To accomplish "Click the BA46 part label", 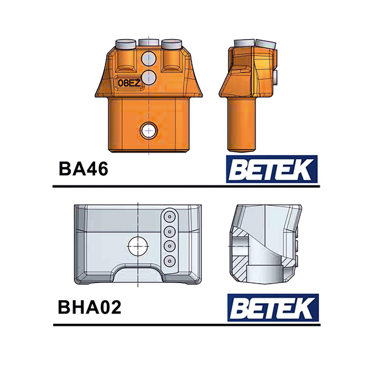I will (x=84, y=168).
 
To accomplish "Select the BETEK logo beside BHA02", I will (x=272, y=307).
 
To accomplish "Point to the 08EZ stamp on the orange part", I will (x=129, y=82).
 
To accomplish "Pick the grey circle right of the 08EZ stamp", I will (x=148, y=80).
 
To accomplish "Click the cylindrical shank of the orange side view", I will (x=241, y=125).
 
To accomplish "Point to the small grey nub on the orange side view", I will (x=276, y=77).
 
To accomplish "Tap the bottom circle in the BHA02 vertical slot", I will (x=169, y=261).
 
